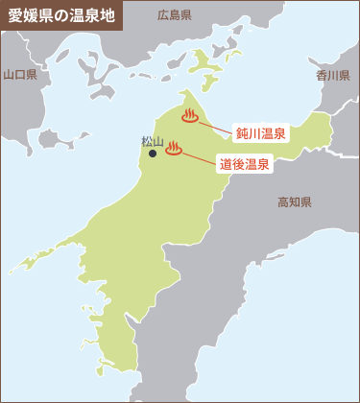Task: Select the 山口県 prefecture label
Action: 19,74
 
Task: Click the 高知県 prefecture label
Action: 294,201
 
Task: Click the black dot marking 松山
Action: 153,153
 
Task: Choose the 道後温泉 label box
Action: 244,164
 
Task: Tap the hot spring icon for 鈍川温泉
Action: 189,118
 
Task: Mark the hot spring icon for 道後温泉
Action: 174,149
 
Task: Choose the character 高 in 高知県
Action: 282,201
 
